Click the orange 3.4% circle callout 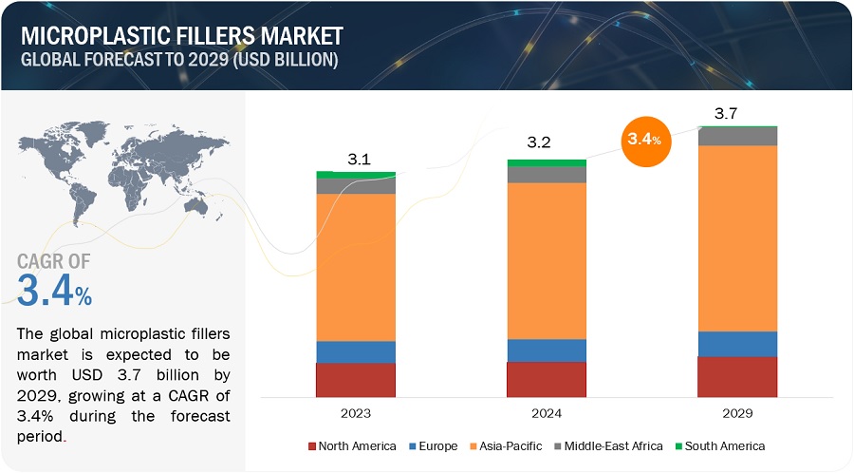pyautogui.click(x=645, y=141)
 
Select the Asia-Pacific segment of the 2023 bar pyautogui.click(x=356, y=267)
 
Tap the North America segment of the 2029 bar pyautogui.click(x=737, y=376)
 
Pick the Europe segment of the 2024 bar pyautogui.click(x=547, y=350)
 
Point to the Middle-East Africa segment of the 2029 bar pyautogui.click(x=737, y=136)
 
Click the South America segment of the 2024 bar pyautogui.click(x=547, y=162)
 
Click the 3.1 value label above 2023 pyautogui.click(x=359, y=160)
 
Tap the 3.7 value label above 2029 pyautogui.click(x=726, y=113)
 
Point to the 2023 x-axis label pyautogui.click(x=356, y=413)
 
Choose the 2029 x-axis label pyautogui.click(x=737, y=413)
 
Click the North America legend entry pyautogui.click(x=350, y=445)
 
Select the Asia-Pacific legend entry pyautogui.click(x=509, y=445)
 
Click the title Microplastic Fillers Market pyautogui.click(x=181, y=37)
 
